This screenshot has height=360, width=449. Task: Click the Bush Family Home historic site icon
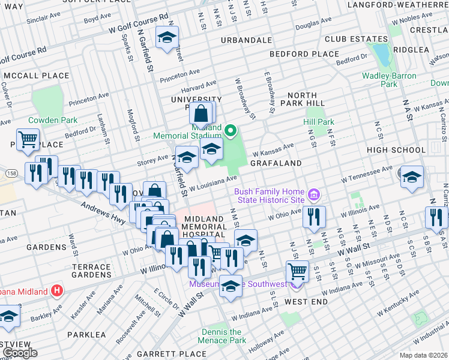(313, 195)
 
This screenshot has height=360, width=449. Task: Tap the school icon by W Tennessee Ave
(412, 177)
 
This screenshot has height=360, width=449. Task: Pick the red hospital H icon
(57, 292)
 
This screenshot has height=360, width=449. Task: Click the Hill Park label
(318, 122)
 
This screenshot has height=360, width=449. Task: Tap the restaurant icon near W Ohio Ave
(315, 217)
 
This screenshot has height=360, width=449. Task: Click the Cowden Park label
(53, 120)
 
